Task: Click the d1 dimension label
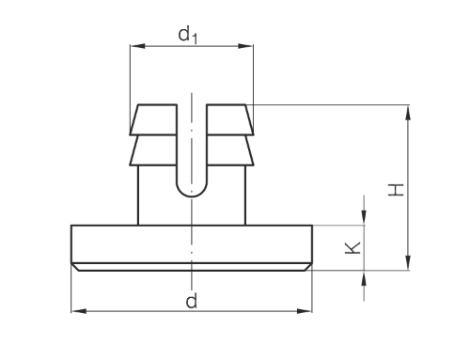click(x=188, y=35)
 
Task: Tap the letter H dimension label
click(x=396, y=190)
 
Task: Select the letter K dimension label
click(x=353, y=248)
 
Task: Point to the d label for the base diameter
click(x=192, y=301)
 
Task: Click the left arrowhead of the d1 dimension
click(x=138, y=46)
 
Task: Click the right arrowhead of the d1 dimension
click(x=245, y=46)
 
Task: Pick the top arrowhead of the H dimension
click(x=408, y=113)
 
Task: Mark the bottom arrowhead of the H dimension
click(x=408, y=262)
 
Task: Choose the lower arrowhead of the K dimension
click(x=364, y=278)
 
